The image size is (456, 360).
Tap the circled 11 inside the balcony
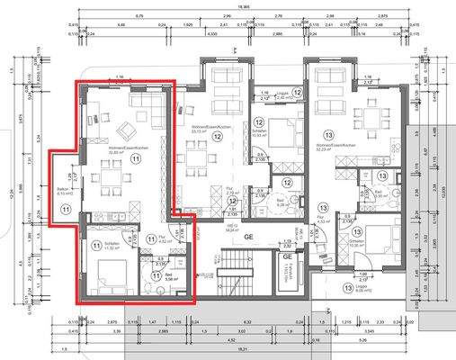coord(64,209)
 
